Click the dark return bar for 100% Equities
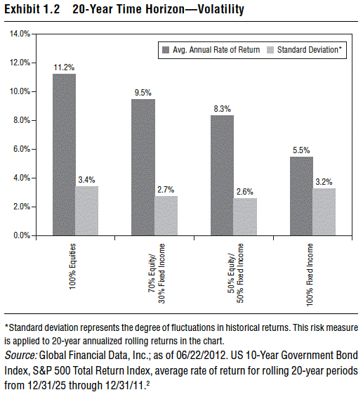click(x=64, y=155)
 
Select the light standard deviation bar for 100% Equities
click(x=87, y=211)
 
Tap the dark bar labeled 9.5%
click(x=143, y=167)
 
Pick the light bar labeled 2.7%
click(x=166, y=216)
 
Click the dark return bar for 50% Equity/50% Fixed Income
click(x=222, y=175)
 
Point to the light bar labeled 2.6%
click(x=245, y=216)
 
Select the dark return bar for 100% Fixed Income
click(x=301, y=196)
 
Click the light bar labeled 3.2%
click(x=324, y=212)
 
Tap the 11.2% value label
click(x=64, y=67)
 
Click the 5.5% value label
click(x=301, y=150)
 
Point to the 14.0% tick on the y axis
click(x=20, y=34)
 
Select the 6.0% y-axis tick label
click(x=22, y=149)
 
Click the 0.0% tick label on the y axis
click(x=22, y=235)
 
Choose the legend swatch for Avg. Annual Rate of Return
click(x=166, y=50)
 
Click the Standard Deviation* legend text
click(x=310, y=50)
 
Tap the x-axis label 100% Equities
click(x=72, y=266)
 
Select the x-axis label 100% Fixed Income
click(x=310, y=275)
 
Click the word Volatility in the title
click(x=221, y=9)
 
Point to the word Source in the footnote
click(x=20, y=356)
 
